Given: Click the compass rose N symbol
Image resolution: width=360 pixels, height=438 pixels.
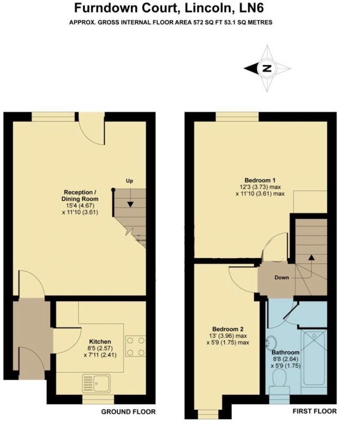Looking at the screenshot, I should (x=267, y=69).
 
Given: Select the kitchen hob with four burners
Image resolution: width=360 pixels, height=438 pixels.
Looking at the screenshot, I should (x=135, y=347).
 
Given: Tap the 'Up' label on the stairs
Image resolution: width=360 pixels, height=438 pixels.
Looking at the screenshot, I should (x=130, y=181).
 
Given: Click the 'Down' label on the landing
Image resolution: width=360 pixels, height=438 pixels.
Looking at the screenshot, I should (x=282, y=278).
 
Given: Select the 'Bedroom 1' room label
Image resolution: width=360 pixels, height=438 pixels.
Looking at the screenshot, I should (x=260, y=180).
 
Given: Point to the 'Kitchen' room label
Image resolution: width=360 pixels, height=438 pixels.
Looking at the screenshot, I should (x=100, y=342).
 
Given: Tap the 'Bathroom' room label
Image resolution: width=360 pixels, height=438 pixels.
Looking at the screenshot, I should (x=286, y=352).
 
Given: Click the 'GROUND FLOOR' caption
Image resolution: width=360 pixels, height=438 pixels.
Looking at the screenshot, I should (x=128, y=412).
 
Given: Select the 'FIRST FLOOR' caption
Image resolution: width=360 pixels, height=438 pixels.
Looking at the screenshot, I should (x=314, y=412).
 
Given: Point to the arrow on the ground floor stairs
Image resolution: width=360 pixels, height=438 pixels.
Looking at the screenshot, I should (x=130, y=203).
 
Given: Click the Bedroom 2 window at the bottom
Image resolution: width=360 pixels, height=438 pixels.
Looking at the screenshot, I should (x=208, y=414).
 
